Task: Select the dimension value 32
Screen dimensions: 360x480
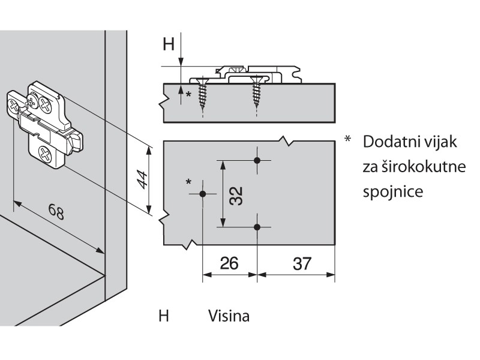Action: [237, 194]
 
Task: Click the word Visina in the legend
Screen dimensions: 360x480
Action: [229, 315]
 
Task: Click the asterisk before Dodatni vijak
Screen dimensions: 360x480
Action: [347, 139]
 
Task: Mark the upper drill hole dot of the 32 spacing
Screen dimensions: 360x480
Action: [258, 160]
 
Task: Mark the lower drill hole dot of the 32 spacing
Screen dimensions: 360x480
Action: [258, 227]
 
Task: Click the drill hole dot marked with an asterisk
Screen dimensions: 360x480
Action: [203, 194]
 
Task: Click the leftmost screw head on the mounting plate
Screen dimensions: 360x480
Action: [15, 106]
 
